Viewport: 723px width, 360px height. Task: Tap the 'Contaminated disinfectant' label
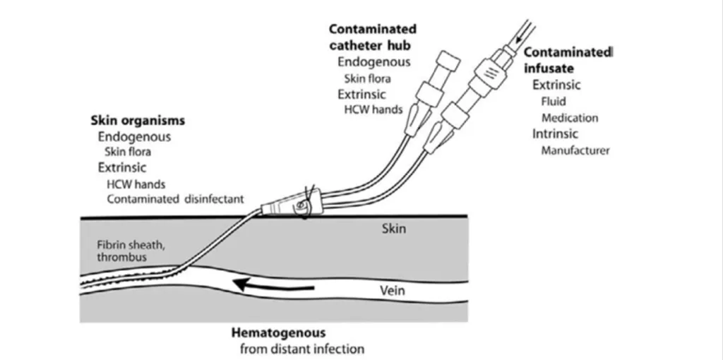175,199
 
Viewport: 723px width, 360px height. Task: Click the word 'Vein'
392,290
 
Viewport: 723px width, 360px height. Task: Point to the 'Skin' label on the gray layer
393,229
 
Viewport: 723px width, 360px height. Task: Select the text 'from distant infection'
302,349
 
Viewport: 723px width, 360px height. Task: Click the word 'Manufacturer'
575,150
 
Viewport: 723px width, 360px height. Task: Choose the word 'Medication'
570,118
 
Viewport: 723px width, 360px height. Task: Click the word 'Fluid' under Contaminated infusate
554,102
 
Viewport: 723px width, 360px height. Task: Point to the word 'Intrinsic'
555,134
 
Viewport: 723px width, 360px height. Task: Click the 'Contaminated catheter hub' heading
373,37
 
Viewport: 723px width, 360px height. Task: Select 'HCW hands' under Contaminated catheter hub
374,109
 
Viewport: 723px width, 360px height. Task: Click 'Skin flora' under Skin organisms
128,151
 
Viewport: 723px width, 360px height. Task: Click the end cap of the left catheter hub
447,61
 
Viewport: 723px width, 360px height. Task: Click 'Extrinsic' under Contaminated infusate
556,85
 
